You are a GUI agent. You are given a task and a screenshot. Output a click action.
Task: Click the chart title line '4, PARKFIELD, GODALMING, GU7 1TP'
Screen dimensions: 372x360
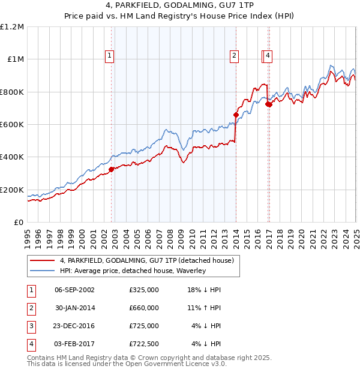pos(179,6)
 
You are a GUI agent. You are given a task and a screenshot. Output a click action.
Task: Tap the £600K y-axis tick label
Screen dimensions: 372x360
pos(13,125)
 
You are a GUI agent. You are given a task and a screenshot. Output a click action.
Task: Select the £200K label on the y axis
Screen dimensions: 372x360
pos(13,190)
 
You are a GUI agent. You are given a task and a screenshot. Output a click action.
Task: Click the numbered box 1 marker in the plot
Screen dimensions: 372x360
pos(110,56)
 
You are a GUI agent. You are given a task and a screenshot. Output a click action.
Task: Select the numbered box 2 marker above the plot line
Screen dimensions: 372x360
pos(234,56)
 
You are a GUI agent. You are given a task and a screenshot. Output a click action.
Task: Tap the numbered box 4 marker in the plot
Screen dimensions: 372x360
pos(268,56)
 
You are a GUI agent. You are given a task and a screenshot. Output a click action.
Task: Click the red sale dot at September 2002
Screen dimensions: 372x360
pos(112,169)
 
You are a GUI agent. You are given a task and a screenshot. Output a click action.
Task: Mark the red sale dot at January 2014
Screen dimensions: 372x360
pos(236,115)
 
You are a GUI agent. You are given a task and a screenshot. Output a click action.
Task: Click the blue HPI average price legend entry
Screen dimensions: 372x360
pos(133,271)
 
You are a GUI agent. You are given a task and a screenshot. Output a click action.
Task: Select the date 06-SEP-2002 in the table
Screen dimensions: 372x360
pos(74,290)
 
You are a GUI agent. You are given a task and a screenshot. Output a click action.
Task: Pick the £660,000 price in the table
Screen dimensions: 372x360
pos(144,308)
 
